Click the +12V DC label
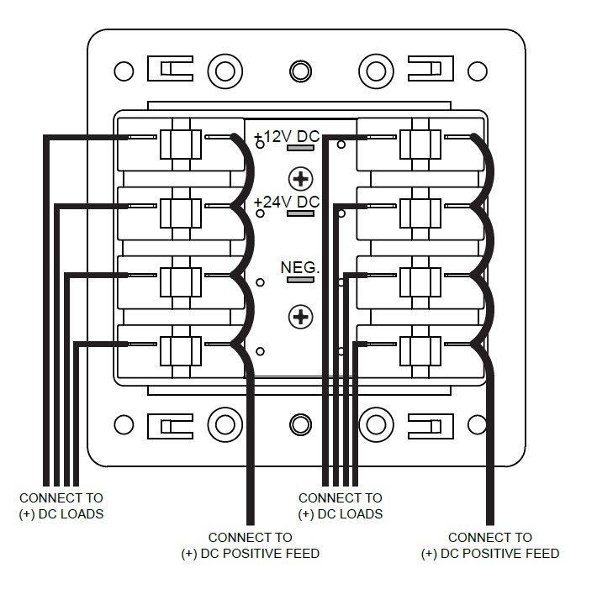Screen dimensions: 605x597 pyautogui.click(x=287, y=136)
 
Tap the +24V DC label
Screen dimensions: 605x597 pyautogui.click(x=287, y=202)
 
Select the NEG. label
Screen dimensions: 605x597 pyautogui.click(x=300, y=268)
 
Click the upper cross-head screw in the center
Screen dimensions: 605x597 pyautogui.click(x=300, y=177)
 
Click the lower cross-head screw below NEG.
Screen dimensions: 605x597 pyautogui.click(x=300, y=317)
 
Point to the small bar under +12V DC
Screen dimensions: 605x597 pyautogui.click(x=300, y=149)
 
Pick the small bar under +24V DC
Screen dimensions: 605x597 pyautogui.click(x=300, y=214)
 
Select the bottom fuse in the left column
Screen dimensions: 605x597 pyautogui.click(x=179, y=349)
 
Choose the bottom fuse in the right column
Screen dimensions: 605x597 pyautogui.click(x=419, y=349)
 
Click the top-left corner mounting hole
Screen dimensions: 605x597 pyautogui.click(x=124, y=71)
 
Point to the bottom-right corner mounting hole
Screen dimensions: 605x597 pyautogui.click(x=477, y=423)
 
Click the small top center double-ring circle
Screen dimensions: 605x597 pyautogui.click(x=300, y=71)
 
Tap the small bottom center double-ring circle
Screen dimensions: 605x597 pyautogui.click(x=300, y=423)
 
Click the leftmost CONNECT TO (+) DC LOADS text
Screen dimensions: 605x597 pyautogui.click(x=61, y=505)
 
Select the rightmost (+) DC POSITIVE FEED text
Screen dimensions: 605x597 pyautogui.click(x=489, y=553)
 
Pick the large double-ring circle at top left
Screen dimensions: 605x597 pyautogui.click(x=225, y=71)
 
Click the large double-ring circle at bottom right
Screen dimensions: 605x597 pyautogui.click(x=376, y=423)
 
